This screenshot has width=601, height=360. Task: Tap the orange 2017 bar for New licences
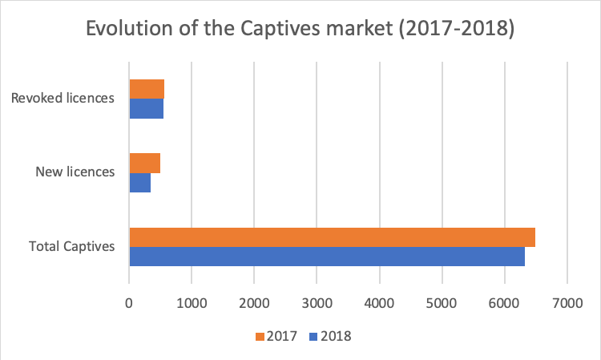145,163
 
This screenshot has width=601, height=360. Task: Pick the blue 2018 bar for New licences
140,182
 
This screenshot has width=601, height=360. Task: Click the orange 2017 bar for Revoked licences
147,89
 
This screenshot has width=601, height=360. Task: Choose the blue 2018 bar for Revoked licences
146,108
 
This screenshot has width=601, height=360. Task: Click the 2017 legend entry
275,337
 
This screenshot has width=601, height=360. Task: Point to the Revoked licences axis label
63,99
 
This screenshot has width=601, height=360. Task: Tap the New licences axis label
75,172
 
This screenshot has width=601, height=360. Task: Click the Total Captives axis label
72,246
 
